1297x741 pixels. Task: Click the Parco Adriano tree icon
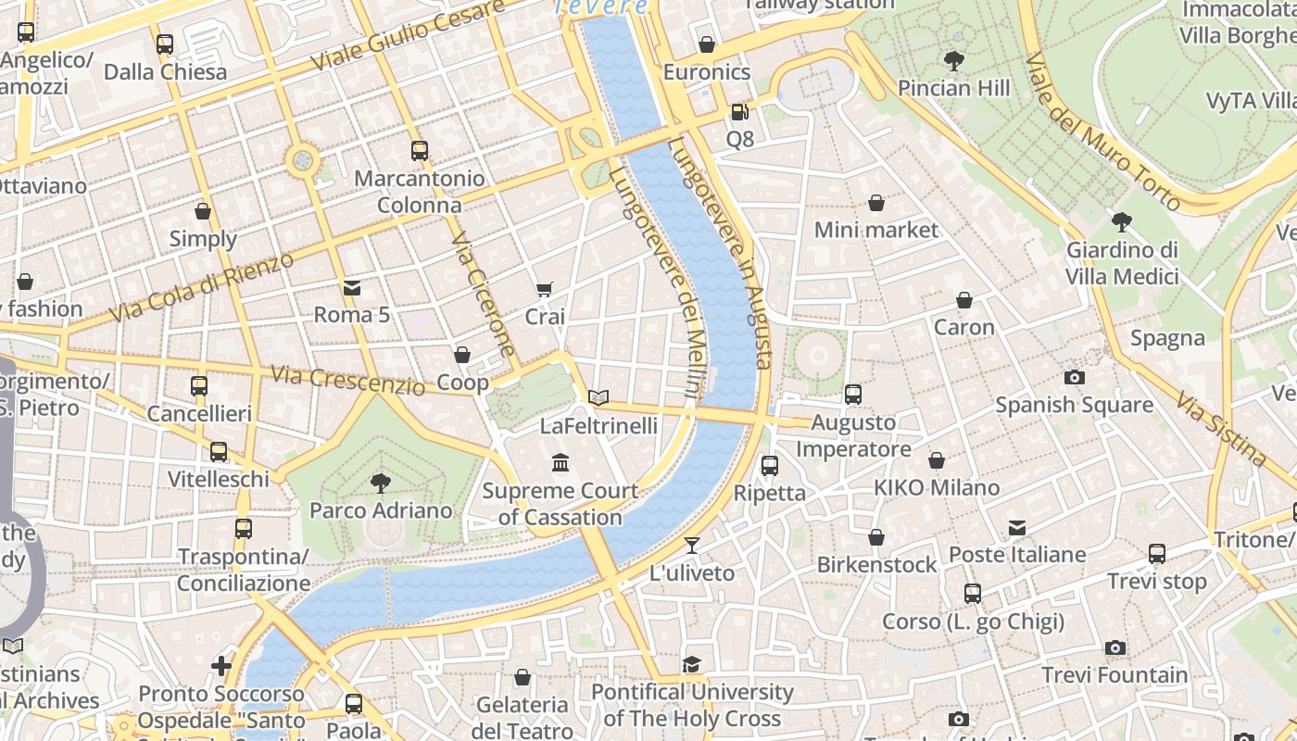tap(380, 482)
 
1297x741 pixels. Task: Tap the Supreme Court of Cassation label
tap(560, 504)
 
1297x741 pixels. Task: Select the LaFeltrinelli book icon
tap(598, 397)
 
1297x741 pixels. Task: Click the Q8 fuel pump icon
tap(739, 112)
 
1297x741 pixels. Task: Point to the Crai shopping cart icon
tap(545, 290)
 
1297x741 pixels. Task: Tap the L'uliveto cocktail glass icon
tap(691, 545)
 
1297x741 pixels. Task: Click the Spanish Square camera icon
tap(1075, 377)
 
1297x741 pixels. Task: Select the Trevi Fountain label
tap(1114, 675)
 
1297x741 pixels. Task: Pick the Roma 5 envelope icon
tap(352, 287)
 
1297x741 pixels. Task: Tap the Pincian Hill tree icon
tap(953, 61)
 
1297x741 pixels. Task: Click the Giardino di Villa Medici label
tap(1121, 263)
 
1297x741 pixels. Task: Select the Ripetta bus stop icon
tap(770, 465)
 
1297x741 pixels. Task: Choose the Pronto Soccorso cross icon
tap(220, 665)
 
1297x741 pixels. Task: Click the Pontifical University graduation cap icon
tap(691, 664)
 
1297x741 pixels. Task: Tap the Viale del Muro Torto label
tap(1102, 132)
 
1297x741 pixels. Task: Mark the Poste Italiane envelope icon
tap(1017, 528)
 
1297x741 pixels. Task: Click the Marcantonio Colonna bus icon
tap(420, 150)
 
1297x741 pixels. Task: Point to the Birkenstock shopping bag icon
tap(876, 537)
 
